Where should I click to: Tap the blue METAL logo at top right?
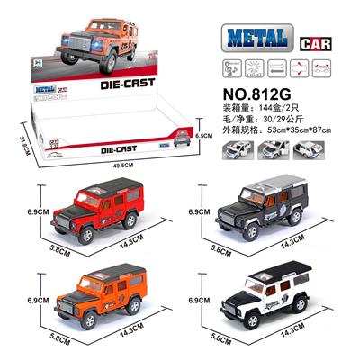point(253,38)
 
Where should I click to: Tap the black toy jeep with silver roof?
point(269,212)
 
